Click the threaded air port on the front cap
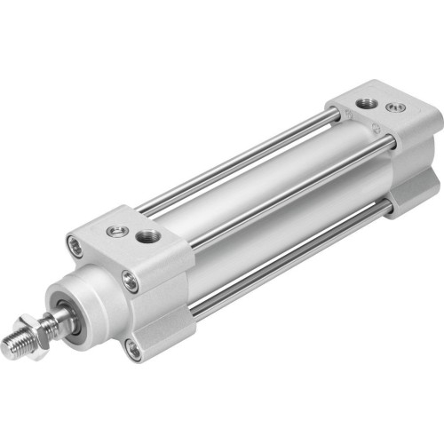click(x=147, y=237)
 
